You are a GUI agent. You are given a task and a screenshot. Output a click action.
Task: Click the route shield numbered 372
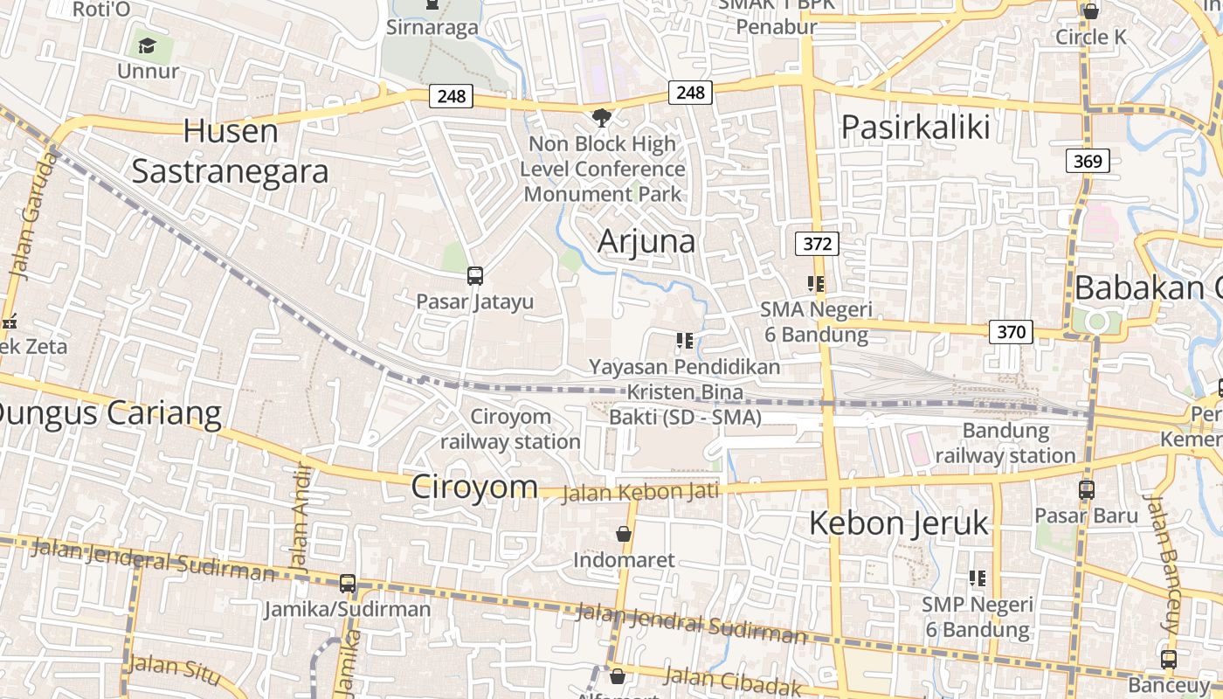click(817, 244)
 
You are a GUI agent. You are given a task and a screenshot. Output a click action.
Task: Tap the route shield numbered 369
click(1088, 161)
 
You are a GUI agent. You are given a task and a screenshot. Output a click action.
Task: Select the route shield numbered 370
click(1011, 332)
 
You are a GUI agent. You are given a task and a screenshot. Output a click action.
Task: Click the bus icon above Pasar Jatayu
click(474, 276)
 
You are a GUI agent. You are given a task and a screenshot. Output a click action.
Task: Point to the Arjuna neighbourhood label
click(646, 241)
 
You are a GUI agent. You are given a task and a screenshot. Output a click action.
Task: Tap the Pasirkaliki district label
click(916, 128)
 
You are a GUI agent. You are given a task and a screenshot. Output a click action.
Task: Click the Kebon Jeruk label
click(898, 523)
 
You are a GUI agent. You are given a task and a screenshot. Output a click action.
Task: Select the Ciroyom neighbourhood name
click(474, 487)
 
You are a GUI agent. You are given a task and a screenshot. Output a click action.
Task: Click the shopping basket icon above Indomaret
click(624, 533)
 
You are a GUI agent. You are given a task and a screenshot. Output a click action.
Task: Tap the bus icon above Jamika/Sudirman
click(348, 583)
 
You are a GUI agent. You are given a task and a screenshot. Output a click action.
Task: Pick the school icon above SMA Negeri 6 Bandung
click(816, 283)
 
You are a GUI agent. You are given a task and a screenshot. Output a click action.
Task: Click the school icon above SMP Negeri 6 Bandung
click(978, 578)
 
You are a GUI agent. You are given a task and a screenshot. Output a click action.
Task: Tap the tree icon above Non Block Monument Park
click(601, 117)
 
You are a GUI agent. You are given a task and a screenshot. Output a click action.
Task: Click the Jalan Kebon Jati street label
click(639, 493)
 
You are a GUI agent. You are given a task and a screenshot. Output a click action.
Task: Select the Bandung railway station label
click(1005, 443)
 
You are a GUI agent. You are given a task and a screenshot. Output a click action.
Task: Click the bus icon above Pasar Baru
click(1086, 490)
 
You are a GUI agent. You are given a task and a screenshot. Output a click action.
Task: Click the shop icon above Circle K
click(1090, 11)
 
